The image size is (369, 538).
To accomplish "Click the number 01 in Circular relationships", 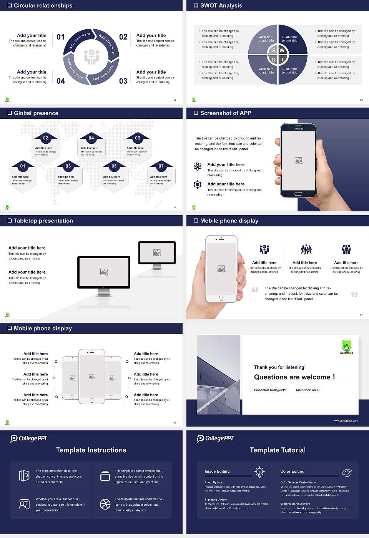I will tap(61, 37).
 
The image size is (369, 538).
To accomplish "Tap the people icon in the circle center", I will tap(91, 57).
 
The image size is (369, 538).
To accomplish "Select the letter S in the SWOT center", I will tap(274, 50).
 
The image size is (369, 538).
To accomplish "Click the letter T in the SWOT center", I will tap(282, 60).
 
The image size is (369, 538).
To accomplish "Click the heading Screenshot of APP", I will tap(226, 113).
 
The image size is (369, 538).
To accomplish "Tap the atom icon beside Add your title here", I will tap(198, 166).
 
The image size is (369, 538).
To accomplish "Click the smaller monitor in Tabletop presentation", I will tap(157, 253).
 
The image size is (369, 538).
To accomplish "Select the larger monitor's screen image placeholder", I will tap(104, 272).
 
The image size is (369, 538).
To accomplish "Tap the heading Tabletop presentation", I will tap(43, 221).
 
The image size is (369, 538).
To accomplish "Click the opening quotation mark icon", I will tap(255, 289).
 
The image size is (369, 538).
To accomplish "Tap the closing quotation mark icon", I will tap(354, 294).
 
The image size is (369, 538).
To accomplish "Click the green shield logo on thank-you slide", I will tap(347, 347).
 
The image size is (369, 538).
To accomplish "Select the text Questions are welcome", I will tap(294, 377).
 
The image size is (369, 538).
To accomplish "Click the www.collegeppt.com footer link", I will tap(346, 420).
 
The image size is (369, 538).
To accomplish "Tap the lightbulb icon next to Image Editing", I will tap(259, 472).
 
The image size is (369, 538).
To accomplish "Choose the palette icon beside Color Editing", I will tap(347, 472).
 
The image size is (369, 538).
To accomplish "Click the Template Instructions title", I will tap(91, 450).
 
